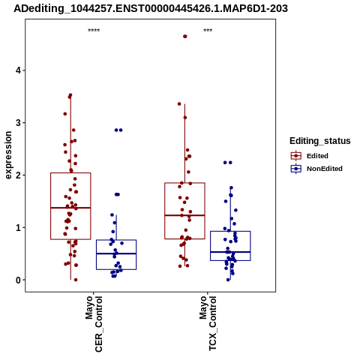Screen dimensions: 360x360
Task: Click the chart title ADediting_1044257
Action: (151, 8)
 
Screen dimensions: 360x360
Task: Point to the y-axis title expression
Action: (8, 155)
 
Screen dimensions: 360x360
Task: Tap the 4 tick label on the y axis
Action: (18, 70)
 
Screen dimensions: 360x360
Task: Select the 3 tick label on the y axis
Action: (18, 123)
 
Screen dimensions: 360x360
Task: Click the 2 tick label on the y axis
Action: (18, 175)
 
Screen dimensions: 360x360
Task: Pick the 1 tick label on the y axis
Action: (18, 228)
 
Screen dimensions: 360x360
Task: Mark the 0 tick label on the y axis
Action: (18, 280)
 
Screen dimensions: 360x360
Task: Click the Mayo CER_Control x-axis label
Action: (94, 324)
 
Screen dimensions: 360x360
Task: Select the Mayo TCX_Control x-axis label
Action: (208, 323)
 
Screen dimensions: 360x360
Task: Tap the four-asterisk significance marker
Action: (94, 30)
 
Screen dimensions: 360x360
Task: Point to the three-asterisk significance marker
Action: (208, 30)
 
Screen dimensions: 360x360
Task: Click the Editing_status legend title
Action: (320, 141)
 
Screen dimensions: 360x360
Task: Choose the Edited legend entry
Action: (317, 156)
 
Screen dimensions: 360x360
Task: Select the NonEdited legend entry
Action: (325, 169)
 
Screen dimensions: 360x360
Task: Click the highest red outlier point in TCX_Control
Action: (185, 37)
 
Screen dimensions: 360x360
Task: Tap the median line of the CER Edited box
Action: (70, 208)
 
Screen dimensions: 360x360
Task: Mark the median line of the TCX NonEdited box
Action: (230, 252)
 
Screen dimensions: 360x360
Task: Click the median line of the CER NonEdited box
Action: (116, 253)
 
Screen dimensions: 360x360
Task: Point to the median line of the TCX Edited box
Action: (184, 215)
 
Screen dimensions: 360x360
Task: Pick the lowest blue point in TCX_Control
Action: (228, 280)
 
